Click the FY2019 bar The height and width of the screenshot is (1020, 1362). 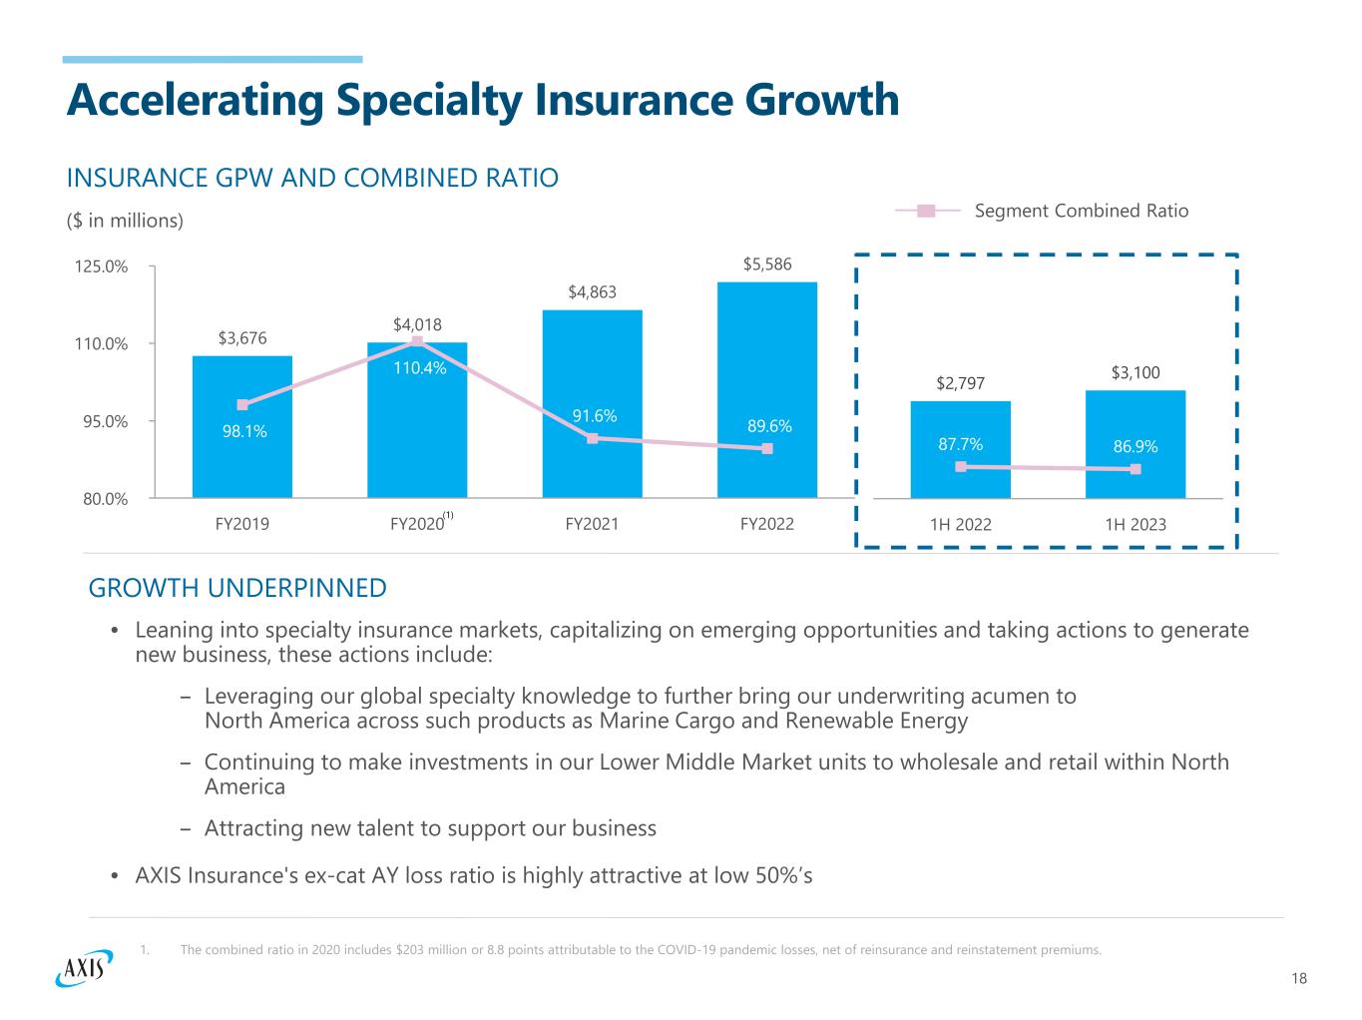click(242, 459)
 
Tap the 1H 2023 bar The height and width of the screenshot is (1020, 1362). click(1135, 419)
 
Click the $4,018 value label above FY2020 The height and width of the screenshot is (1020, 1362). click(417, 324)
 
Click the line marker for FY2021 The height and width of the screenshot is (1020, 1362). click(593, 438)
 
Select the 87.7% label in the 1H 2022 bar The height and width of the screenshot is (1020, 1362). click(960, 444)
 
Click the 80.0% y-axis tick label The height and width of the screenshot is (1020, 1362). click(104, 498)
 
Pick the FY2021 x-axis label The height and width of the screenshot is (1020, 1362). click(592, 523)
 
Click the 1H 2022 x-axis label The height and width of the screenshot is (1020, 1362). click(960, 525)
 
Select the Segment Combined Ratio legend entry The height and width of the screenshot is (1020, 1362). click(1081, 211)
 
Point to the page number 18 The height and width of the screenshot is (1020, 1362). click(1298, 979)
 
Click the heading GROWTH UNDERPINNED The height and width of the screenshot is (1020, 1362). click(237, 588)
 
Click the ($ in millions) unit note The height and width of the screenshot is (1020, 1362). click(125, 221)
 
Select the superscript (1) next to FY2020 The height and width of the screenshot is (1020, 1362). click(449, 516)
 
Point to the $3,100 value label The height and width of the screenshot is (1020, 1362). click(1135, 373)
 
